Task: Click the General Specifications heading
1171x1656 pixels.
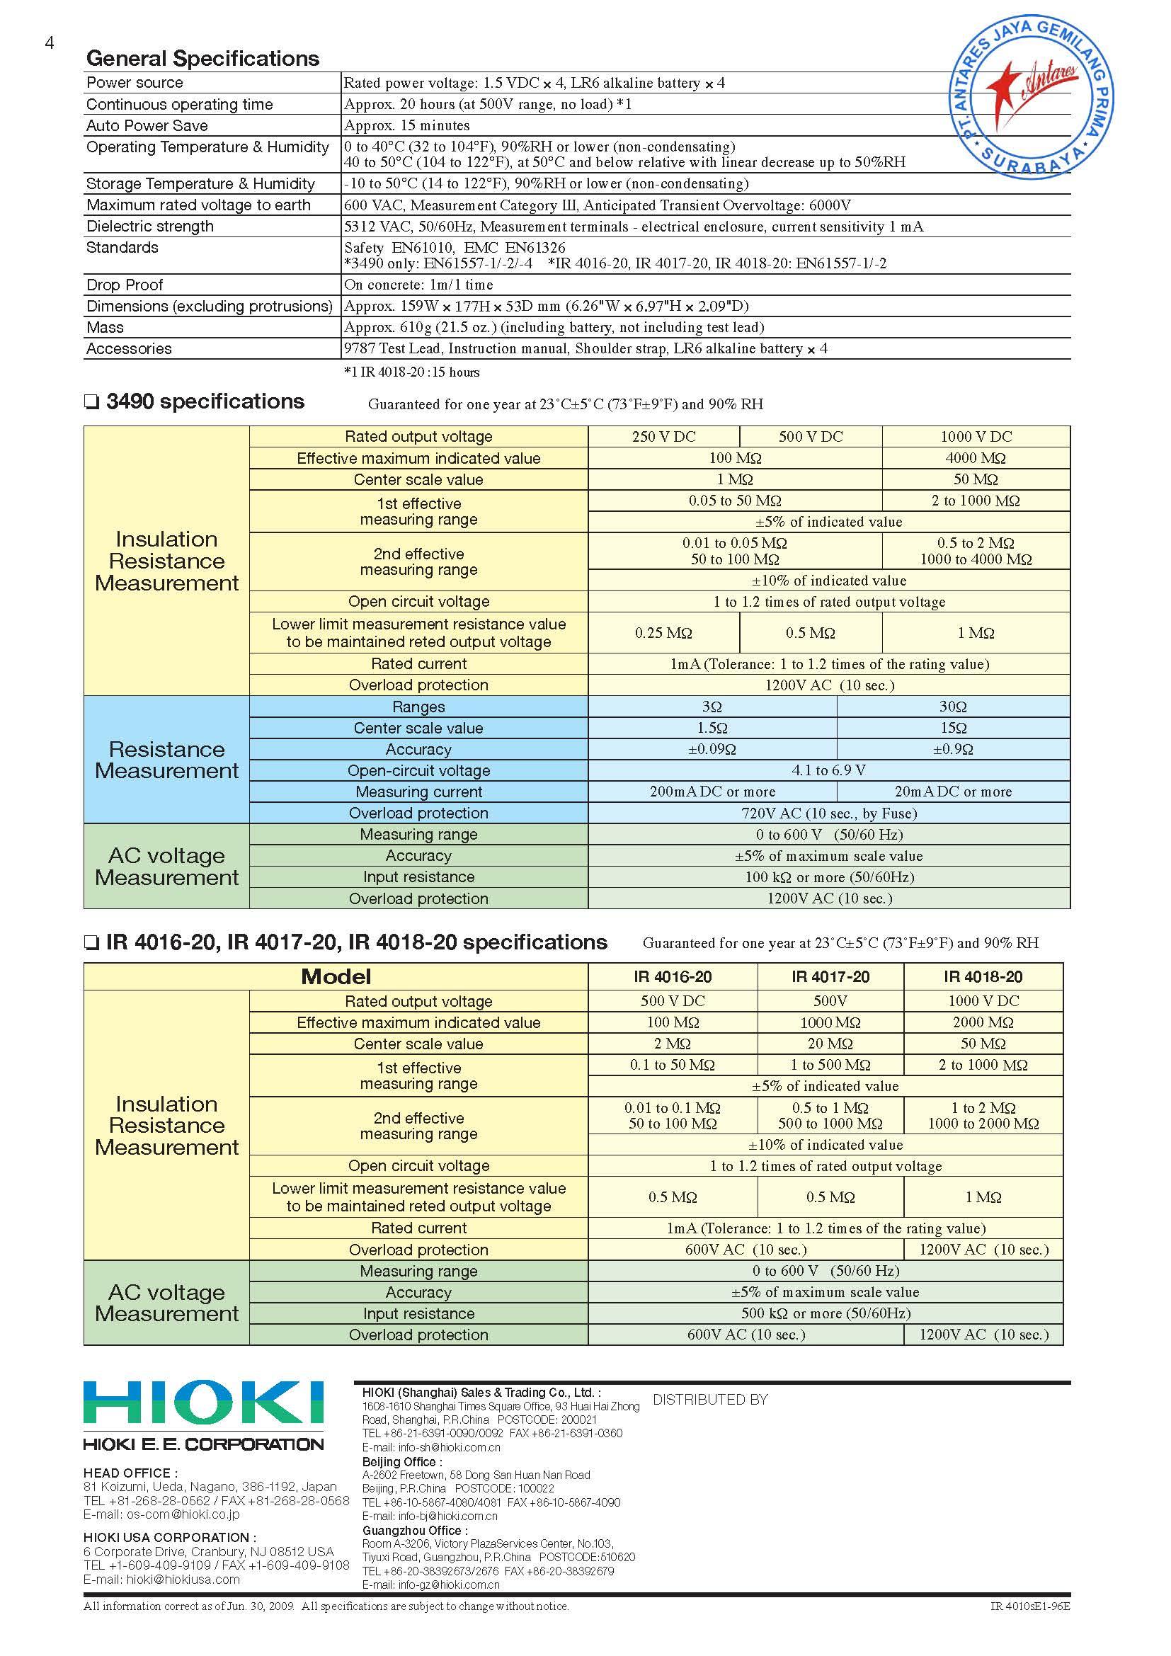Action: click(202, 59)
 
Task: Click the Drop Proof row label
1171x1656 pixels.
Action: click(124, 285)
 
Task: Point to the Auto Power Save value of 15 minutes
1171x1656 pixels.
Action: click(406, 125)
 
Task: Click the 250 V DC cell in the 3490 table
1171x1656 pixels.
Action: click(663, 436)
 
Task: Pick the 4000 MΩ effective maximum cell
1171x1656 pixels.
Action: click(976, 458)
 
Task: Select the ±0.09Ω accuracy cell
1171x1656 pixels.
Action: click(712, 749)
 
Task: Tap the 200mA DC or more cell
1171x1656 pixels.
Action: click(712, 792)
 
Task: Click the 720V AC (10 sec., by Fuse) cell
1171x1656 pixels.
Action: click(828, 813)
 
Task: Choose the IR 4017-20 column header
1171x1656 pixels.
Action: click(830, 976)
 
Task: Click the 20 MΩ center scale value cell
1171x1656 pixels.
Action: click(830, 1044)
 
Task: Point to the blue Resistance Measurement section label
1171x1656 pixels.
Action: click(166, 760)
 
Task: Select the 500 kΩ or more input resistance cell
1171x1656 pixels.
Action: click(825, 1313)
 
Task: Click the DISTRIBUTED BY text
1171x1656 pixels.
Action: click(710, 1399)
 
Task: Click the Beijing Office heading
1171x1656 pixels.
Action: click(399, 1462)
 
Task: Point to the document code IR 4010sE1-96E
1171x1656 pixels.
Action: click(1029, 1606)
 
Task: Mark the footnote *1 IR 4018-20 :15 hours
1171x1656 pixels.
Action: click(412, 372)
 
